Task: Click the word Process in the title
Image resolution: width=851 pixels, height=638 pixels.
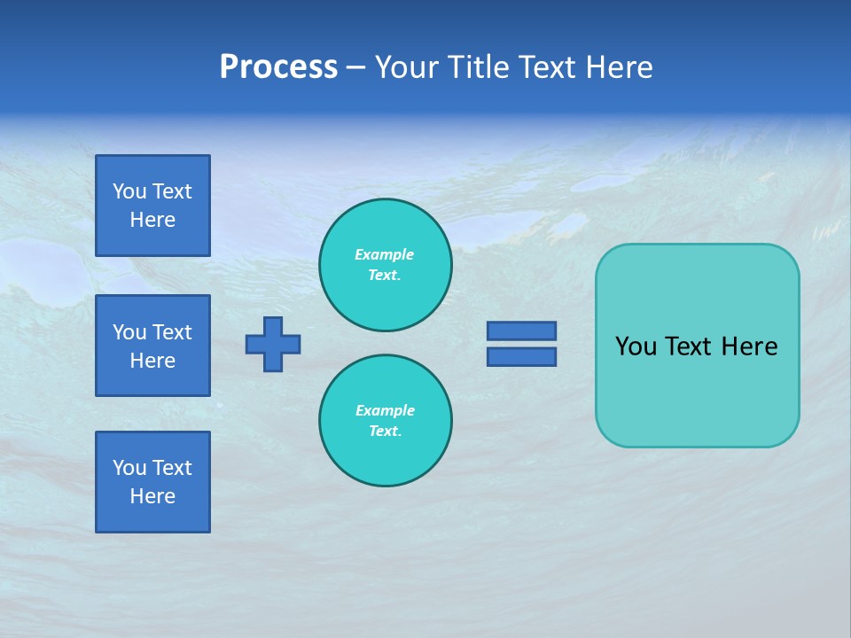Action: [278, 67]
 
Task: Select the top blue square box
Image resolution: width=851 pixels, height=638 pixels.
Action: [152, 206]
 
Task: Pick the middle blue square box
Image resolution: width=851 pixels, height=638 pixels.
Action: [152, 346]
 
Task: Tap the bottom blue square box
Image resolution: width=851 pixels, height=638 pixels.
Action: [152, 482]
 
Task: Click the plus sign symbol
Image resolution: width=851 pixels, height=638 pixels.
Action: [273, 344]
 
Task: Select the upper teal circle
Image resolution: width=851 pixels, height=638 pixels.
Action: [386, 265]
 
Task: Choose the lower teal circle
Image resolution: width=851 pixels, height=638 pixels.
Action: [386, 421]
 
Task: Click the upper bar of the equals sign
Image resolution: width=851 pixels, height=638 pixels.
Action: [521, 331]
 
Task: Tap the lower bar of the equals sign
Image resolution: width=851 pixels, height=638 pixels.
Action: [521, 356]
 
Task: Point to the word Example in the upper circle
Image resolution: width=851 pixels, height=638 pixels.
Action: [385, 255]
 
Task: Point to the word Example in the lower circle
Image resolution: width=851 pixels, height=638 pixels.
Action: [385, 411]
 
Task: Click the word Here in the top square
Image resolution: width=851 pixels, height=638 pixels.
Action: [152, 220]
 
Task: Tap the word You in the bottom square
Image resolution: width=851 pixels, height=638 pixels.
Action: [129, 468]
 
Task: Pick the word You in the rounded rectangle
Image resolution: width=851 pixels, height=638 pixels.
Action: [636, 346]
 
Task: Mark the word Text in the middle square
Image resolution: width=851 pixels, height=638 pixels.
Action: [172, 332]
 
